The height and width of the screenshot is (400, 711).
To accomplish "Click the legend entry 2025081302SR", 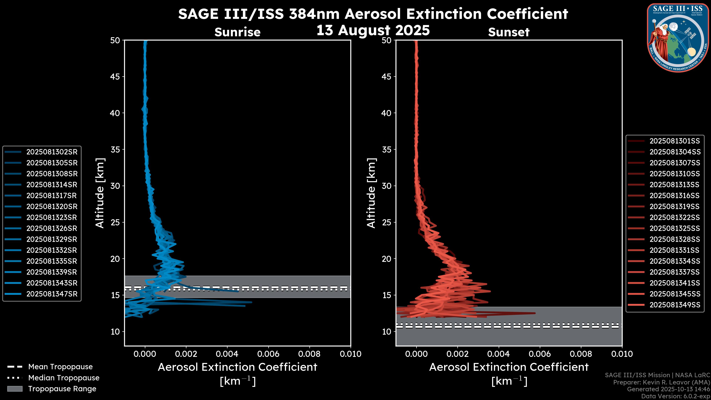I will pyautogui.click(x=52, y=152).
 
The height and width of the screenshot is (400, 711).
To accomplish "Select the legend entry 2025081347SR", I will pyautogui.click(x=52, y=294).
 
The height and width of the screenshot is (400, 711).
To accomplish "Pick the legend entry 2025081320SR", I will pyautogui.click(x=52, y=206).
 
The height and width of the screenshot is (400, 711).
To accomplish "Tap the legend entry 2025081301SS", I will pyautogui.click(x=674, y=141).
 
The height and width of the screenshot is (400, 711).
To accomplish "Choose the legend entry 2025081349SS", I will pyautogui.click(x=675, y=305).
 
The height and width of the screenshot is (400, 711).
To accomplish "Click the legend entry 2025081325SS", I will pyautogui.click(x=674, y=228).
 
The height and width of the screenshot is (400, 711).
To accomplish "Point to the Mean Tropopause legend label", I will pyautogui.click(x=60, y=367).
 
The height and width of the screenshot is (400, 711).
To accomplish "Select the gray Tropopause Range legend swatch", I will pyautogui.click(x=15, y=389).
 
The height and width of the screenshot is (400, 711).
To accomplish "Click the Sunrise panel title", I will pyautogui.click(x=237, y=32).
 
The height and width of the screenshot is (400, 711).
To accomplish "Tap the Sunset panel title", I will pyautogui.click(x=509, y=32).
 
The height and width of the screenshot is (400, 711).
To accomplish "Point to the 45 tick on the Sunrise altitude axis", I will pyautogui.click(x=115, y=76).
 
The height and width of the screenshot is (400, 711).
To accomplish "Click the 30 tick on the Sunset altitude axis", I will pyautogui.click(x=386, y=186).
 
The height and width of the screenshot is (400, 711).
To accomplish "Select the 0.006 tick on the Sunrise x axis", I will pyautogui.click(x=268, y=354).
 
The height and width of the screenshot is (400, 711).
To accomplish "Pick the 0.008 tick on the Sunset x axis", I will pyautogui.click(x=581, y=354).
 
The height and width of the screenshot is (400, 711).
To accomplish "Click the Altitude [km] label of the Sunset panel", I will pyautogui.click(x=371, y=193).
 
